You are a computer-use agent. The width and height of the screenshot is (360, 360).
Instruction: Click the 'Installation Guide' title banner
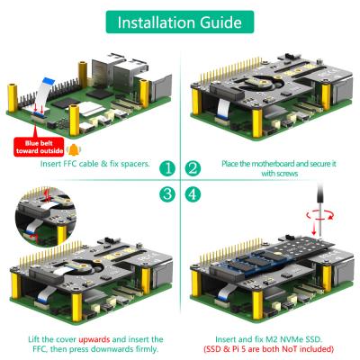click(179, 21)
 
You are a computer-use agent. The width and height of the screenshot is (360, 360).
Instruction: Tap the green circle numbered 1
click(166, 168)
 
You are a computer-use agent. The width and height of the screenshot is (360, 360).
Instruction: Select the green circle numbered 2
click(193, 168)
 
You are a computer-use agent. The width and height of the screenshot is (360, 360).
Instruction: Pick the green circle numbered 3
click(166, 193)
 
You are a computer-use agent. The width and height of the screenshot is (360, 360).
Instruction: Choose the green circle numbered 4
click(193, 193)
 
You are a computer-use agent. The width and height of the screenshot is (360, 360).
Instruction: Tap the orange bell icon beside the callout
click(75, 146)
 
